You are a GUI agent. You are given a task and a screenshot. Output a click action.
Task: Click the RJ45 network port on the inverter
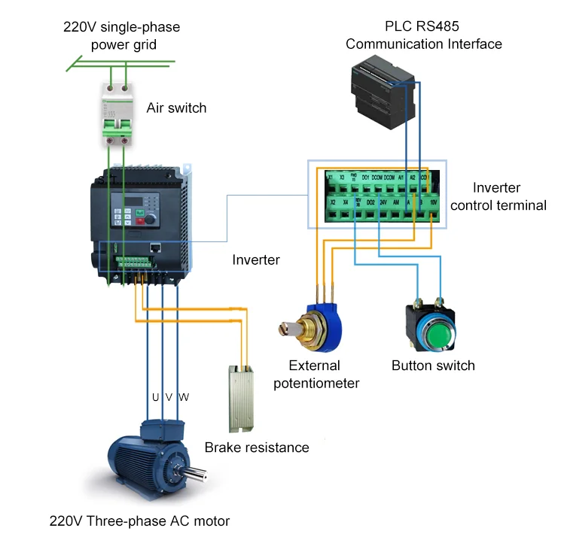[x=154, y=246]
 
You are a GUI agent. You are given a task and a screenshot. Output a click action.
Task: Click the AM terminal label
[x=396, y=202]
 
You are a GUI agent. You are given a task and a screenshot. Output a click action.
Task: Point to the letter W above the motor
[x=183, y=396]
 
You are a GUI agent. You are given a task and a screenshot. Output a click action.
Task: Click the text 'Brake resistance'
[x=256, y=447]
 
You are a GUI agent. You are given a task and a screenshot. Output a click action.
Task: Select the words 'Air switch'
[x=176, y=108]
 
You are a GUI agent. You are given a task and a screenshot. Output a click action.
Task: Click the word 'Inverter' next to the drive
[x=256, y=259]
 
